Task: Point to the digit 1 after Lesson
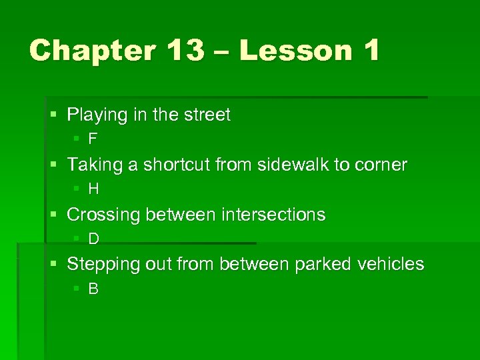click(371, 51)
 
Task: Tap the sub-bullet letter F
click(93, 139)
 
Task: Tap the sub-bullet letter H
click(94, 189)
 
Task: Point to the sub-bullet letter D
click(94, 239)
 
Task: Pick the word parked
click(321, 264)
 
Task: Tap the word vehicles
click(391, 264)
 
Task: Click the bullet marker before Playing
click(54, 115)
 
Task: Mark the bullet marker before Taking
click(54, 165)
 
